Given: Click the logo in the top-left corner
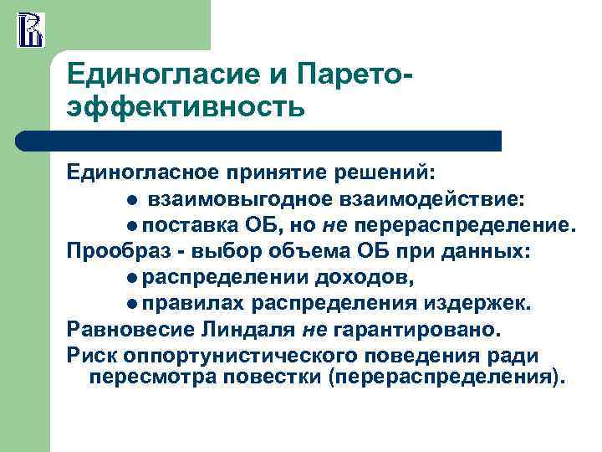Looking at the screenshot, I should [31, 29].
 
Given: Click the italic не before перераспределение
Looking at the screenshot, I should [336, 225].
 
